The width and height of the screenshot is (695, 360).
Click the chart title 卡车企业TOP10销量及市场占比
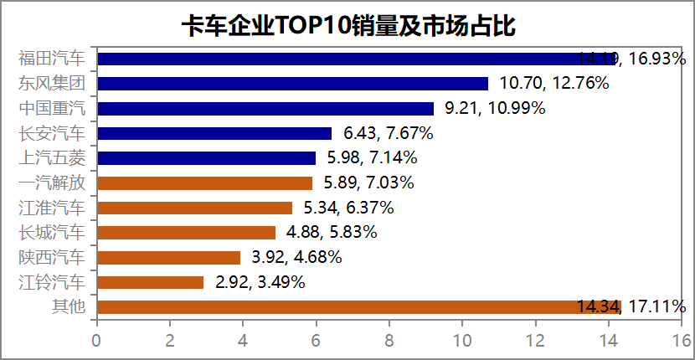[347, 25]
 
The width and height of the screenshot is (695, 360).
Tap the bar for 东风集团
[292, 84]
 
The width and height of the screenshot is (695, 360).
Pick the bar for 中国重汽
[265, 108]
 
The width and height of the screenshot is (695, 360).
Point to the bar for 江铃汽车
[150, 282]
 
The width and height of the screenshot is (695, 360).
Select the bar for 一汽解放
[204, 183]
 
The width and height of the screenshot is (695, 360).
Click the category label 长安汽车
[52, 133]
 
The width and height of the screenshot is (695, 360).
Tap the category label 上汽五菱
[52, 157]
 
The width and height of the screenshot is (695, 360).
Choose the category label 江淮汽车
[52, 208]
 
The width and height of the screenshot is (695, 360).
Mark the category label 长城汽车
[52, 232]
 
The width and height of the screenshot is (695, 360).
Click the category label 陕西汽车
[52, 257]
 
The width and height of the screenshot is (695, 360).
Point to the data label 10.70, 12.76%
[553, 84]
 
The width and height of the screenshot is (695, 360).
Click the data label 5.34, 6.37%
[349, 208]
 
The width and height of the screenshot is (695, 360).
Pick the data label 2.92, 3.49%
[260, 282]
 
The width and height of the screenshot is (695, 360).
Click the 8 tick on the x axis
[389, 340]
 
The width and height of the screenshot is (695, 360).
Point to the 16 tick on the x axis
[682, 340]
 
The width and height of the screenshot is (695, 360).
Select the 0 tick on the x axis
[97, 340]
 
